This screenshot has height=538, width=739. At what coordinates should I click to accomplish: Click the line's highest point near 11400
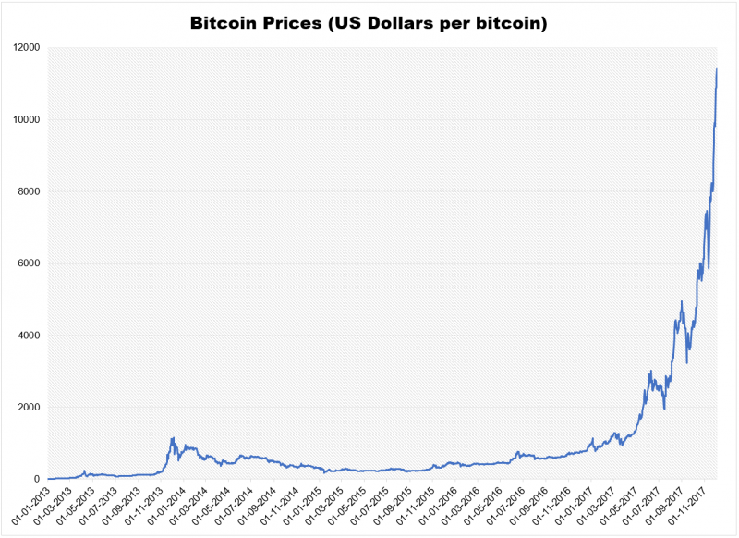coord(717,69)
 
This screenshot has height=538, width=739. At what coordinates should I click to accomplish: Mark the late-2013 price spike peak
coord(172,438)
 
